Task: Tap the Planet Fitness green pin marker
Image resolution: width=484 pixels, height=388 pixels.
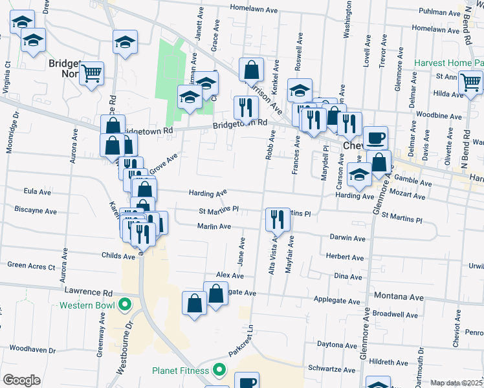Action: [219, 371]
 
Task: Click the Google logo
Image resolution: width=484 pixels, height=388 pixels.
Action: [21, 380]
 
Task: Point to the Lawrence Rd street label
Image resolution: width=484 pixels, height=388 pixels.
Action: [94, 292]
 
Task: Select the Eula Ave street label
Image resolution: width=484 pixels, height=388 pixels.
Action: [37, 192]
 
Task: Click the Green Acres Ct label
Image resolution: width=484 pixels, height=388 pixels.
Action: [31, 265]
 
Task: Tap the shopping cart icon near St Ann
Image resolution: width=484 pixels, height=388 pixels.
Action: [470, 82]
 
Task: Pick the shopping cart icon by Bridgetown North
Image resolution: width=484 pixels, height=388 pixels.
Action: [92, 73]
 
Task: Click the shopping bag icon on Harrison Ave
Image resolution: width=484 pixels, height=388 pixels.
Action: [251, 69]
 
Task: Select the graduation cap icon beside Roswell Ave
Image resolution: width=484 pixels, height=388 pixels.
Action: [300, 90]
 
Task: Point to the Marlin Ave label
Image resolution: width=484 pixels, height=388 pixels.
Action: [214, 226]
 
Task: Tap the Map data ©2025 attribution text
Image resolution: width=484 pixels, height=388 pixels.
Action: [456, 383]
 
